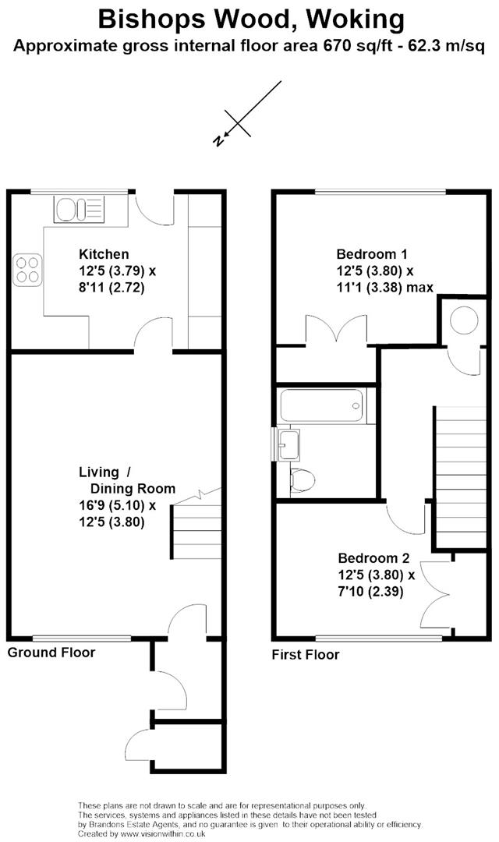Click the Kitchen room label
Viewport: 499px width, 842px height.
pyautogui.click(x=104, y=254)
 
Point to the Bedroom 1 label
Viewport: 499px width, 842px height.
pyautogui.click(x=371, y=254)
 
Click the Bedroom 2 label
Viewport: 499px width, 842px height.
pyautogui.click(x=373, y=558)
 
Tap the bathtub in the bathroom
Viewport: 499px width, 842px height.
pyautogui.click(x=322, y=405)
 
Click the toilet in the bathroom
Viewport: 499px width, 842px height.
pyautogui.click(x=302, y=479)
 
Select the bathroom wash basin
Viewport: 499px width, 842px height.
pyautogui.click(x=288, y=444)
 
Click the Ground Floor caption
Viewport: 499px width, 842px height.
pyautogui.click(x=51, y=653)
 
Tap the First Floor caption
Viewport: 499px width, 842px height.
pyautogui.click(x=305, y=655)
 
